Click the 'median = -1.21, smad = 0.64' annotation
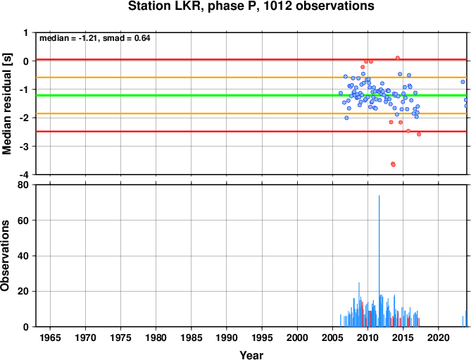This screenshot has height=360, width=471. [95, 38]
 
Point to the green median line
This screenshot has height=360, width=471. [251, 96]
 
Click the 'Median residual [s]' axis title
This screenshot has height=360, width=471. [6, 104]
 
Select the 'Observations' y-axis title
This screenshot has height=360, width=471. [5, 256]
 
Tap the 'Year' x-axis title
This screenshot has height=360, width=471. [251, 355]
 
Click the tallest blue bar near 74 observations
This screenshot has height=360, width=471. [379, 261]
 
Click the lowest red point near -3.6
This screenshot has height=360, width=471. [393, 165]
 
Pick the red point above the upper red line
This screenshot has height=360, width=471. [398, 58]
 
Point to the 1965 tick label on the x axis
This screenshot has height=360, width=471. [50, 337]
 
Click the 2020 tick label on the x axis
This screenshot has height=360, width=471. [438, 337]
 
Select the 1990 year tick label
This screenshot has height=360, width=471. [227, 337]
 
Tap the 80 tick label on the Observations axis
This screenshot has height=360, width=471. [23, 185]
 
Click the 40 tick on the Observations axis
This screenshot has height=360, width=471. [23, 256]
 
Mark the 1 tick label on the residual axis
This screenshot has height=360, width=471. [26, 33]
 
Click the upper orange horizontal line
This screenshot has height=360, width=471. [251, 77]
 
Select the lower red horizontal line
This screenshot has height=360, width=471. [251, 131]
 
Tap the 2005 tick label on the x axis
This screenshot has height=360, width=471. [332, 337]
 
